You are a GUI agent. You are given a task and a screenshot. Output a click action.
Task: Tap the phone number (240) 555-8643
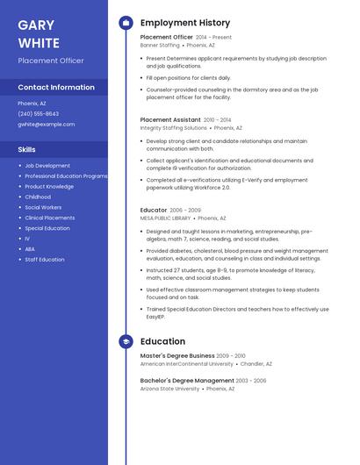click(38, 114)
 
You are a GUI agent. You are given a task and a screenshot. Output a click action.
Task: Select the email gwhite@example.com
click(47, 125)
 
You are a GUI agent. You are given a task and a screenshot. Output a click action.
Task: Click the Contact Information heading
click(56, 88)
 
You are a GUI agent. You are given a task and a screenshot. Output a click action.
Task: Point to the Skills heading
click(27, 149)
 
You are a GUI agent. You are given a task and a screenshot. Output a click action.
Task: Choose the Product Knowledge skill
click(49, 186)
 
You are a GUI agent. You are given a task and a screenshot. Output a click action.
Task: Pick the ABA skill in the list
click(30, 249)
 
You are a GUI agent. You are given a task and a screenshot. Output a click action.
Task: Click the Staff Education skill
click(45, 260)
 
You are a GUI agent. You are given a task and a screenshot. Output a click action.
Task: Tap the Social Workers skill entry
click(43, 207)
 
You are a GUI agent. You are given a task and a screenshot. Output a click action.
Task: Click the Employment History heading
click(185, 23)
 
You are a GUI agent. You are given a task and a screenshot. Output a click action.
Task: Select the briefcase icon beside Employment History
click(126, 23)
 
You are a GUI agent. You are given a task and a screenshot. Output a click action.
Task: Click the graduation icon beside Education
click(126, 341)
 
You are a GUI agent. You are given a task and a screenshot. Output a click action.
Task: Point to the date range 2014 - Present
click(213, 38)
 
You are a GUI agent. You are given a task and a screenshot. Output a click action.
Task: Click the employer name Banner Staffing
click(160, 46)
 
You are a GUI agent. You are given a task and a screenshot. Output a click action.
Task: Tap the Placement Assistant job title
click(170, 119)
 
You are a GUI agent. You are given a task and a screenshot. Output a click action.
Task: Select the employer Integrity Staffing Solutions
click(174, 127)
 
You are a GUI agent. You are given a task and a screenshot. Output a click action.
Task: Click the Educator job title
click(154, 211)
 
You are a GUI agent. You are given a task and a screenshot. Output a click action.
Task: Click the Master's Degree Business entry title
click(176, 356)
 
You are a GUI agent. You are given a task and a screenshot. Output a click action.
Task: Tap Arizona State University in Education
click(169, 389)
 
